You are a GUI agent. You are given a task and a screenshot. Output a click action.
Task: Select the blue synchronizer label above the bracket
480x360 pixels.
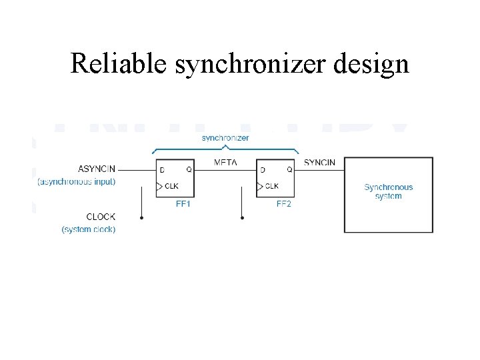225,138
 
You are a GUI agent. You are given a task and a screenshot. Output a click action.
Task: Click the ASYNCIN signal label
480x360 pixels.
97,169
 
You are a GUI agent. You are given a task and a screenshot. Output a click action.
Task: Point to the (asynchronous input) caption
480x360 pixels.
76,181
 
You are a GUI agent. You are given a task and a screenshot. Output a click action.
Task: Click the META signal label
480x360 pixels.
225,163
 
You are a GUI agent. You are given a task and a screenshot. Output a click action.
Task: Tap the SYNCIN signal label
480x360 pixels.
319,163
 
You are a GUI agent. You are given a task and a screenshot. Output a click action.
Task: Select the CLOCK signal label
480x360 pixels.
101,217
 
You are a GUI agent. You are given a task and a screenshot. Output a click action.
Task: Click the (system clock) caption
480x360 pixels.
89,229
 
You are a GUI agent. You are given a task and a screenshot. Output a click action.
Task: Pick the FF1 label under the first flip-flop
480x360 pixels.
183,204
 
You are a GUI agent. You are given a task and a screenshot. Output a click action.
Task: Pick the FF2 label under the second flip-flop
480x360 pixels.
283,204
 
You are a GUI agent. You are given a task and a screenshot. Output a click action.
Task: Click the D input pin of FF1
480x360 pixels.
162,170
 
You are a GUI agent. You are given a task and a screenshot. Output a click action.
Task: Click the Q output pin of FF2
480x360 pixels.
289,170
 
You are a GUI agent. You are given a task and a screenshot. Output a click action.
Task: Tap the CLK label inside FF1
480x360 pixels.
171,186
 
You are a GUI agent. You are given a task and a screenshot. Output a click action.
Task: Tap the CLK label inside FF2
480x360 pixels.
272,186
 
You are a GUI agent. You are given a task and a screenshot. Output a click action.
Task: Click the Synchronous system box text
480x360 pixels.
388,192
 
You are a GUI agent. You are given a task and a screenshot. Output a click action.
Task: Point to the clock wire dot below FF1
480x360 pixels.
143,217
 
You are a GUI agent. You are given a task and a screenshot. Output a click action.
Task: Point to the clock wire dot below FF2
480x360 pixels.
242,217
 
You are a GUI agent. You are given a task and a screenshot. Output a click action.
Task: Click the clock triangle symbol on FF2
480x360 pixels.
260,186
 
